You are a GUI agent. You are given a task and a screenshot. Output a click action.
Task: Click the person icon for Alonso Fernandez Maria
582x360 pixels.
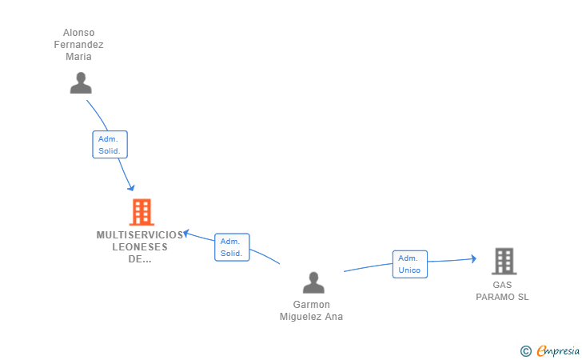[x=81, y=83]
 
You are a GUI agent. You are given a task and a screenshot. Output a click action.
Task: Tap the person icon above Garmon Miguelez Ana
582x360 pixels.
[x=313, y=282]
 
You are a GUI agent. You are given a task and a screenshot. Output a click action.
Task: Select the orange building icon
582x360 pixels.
[x=142, y=212]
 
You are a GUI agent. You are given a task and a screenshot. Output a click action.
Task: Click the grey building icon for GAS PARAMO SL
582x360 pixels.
[x=504, y=261]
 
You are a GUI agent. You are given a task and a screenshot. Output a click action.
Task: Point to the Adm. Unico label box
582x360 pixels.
[x=410, y=264]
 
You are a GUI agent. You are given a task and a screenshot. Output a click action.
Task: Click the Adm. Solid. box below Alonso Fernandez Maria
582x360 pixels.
[x=110, y=145]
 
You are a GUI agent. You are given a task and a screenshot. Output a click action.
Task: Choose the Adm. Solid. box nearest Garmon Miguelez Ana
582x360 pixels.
[x=232, y=247]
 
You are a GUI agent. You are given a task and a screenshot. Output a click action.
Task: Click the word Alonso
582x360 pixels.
[x=78, y=33]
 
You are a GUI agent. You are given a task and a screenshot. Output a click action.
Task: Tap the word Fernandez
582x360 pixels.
[x=78, y=45]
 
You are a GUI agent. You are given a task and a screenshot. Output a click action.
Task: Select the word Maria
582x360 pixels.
[x=78, y=57]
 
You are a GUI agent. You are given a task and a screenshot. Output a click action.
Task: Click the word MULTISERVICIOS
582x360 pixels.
[x=140, y=234]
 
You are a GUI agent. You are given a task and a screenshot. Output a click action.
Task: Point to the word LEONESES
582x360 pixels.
[x=140, y=246]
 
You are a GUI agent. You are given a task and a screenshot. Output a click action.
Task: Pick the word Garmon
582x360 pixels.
[x=312, y=305]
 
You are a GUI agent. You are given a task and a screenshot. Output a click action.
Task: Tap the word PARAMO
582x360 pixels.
[x=495, y=297]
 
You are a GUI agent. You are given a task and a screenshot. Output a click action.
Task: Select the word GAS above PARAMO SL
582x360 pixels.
[x=502, y=285]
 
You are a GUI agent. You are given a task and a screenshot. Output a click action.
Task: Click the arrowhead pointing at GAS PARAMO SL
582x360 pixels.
[x=473, y=259]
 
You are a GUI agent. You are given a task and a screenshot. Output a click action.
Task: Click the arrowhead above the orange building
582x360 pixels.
[x=131, y=188]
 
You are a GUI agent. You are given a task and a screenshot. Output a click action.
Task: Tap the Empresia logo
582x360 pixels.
[x=550, y=350]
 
